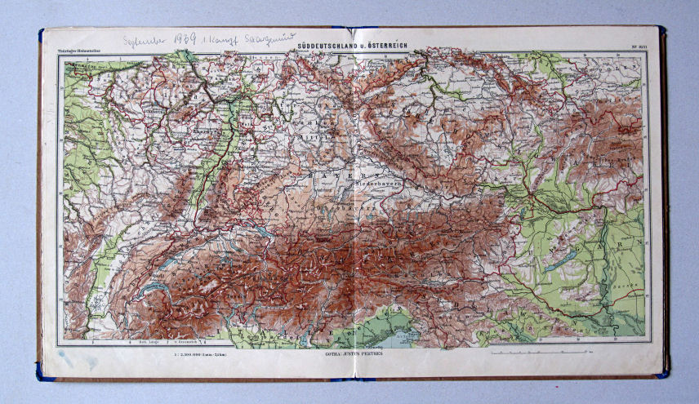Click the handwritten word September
(143, 40)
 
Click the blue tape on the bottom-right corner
(661, 371)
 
